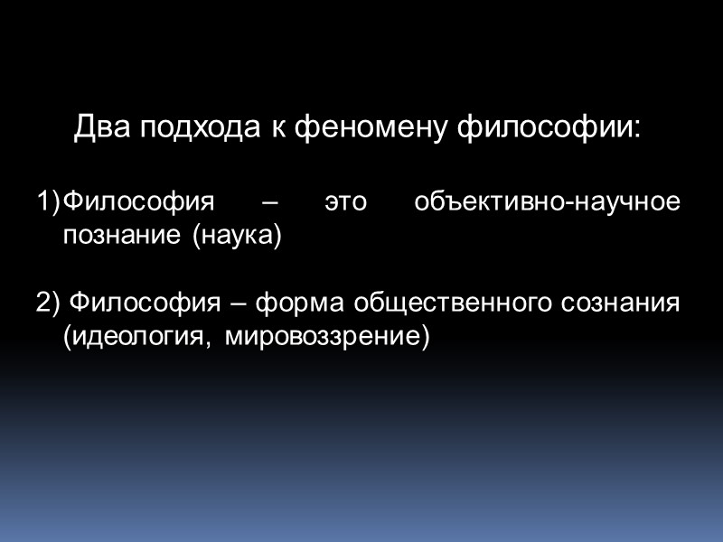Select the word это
click(x=346, y=201)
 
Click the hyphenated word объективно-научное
click(x=546, y=201)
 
